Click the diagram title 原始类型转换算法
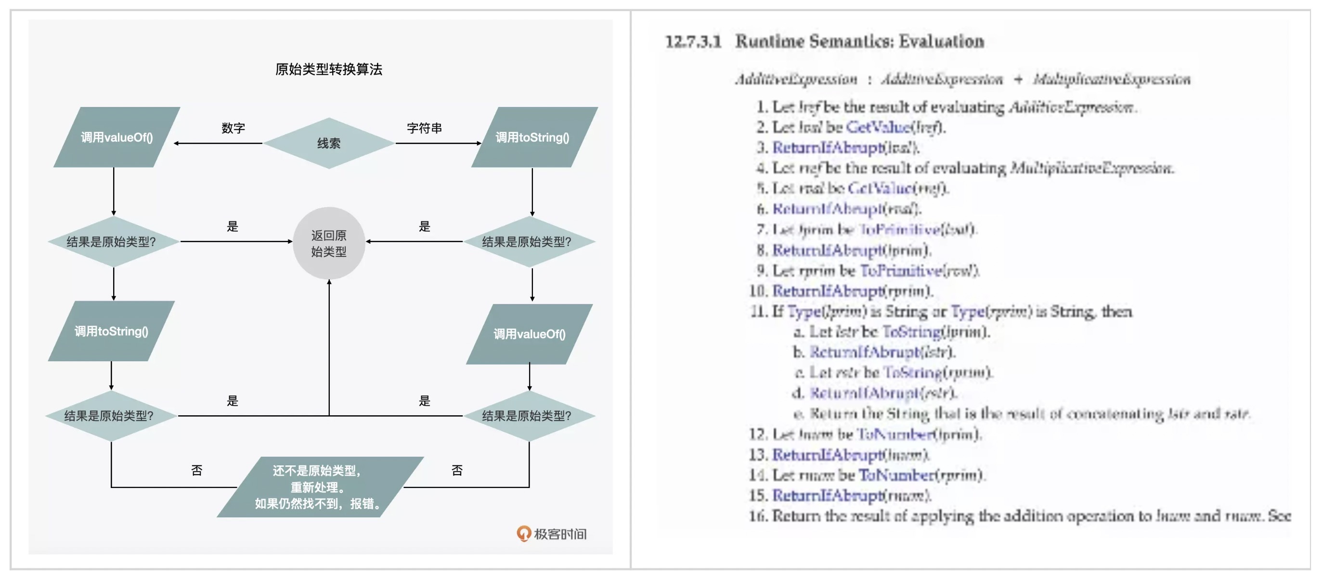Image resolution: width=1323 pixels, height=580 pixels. click(329, 69)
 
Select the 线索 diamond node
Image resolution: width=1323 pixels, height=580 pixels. click(329, 144)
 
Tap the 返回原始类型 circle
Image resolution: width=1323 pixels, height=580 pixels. click(329, 243)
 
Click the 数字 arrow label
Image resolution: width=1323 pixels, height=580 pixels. click(233, 128)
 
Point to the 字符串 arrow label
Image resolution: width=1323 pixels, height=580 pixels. click(424, 128)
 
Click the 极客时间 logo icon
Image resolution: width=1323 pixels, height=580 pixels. click(523, 534)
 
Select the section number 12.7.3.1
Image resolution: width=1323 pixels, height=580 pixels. click(693, 41)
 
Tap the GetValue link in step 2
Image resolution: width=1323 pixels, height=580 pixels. click(878, 127)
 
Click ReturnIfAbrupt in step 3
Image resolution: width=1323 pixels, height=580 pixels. click(828, 147)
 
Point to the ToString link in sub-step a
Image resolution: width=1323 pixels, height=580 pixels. click(912, 331)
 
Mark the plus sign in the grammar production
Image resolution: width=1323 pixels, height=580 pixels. click(1018, 79)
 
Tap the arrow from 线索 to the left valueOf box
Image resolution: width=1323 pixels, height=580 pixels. click(218, 144)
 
